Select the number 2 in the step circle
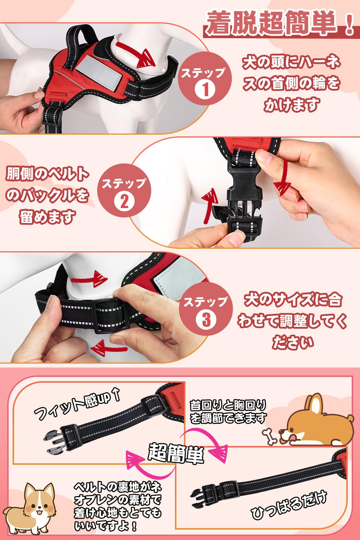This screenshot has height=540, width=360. pos(124,201)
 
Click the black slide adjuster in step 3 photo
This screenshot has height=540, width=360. pos(111,315)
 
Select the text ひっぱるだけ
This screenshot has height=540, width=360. pos(289,504)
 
